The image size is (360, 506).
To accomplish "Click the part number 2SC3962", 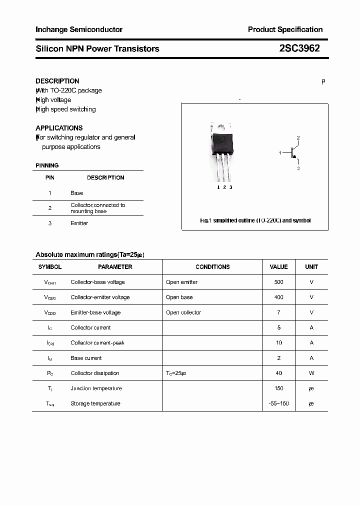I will [299, 48].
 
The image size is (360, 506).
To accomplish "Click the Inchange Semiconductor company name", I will [79, 29].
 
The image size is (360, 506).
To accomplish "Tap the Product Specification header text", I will [285, 29].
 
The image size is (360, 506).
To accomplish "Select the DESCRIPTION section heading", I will [57, 81].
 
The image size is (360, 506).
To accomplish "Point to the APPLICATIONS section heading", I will [59, 128].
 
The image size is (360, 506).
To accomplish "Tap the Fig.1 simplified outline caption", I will [255, 220].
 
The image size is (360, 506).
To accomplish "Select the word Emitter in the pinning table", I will [79, 223].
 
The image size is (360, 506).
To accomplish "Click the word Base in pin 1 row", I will [77, 193].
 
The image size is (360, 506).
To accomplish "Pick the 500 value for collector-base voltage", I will [278, 282].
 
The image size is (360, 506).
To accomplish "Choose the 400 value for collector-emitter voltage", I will [278, 297].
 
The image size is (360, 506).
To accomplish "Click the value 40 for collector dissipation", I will [278, 373].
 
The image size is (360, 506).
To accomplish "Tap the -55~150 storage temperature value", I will [278, 403].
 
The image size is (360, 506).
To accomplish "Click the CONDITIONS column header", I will [212, 267].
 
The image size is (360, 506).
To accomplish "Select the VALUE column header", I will [278, 267].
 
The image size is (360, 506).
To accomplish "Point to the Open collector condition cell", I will [183, 312].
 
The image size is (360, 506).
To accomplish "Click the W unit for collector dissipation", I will [311, 373].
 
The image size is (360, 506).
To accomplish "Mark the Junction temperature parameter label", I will [95, 388].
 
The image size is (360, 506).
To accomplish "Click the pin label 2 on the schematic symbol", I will [298, 137].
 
